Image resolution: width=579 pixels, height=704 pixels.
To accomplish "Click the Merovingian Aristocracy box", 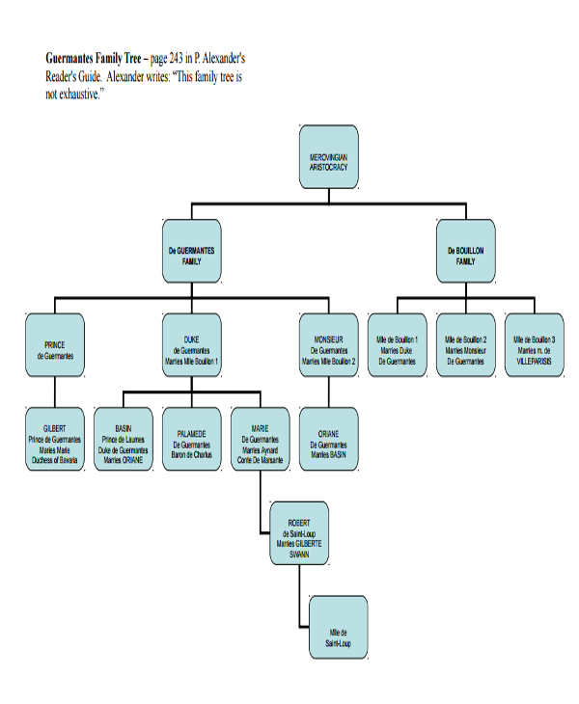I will point(329,157).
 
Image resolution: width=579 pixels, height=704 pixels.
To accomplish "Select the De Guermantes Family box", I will point(191,253).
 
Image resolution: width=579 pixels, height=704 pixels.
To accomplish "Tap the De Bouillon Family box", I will point(465,253).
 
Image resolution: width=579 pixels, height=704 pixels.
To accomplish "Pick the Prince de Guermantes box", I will point(55,345).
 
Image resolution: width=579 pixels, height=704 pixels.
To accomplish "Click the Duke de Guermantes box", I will point(191,345).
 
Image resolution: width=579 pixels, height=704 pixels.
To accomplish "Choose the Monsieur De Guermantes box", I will point(329,345).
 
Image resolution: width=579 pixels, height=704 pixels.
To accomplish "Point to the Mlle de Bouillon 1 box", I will point(397,345).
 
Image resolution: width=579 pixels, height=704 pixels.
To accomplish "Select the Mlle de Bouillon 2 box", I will point(465,345).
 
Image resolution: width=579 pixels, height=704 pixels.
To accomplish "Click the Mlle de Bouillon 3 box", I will point(534,345).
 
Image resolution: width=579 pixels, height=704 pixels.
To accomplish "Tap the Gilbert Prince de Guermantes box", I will point(55,440).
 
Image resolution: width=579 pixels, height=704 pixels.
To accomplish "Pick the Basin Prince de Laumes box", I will point(124,440).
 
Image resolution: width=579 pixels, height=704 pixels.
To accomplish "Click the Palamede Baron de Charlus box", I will point(191,440).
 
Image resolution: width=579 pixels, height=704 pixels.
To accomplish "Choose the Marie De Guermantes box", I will point(261,440).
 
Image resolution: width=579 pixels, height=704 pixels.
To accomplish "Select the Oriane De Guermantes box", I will point(329,440).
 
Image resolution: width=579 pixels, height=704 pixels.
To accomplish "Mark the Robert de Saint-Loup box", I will point(299,533).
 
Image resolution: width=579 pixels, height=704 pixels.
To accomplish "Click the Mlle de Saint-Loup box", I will point(338,628).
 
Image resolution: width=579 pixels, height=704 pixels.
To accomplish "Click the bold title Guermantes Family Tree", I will point(93,59).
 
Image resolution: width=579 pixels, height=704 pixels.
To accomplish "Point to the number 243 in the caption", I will point(179,59).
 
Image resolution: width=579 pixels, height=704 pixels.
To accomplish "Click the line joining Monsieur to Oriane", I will point(329,392).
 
